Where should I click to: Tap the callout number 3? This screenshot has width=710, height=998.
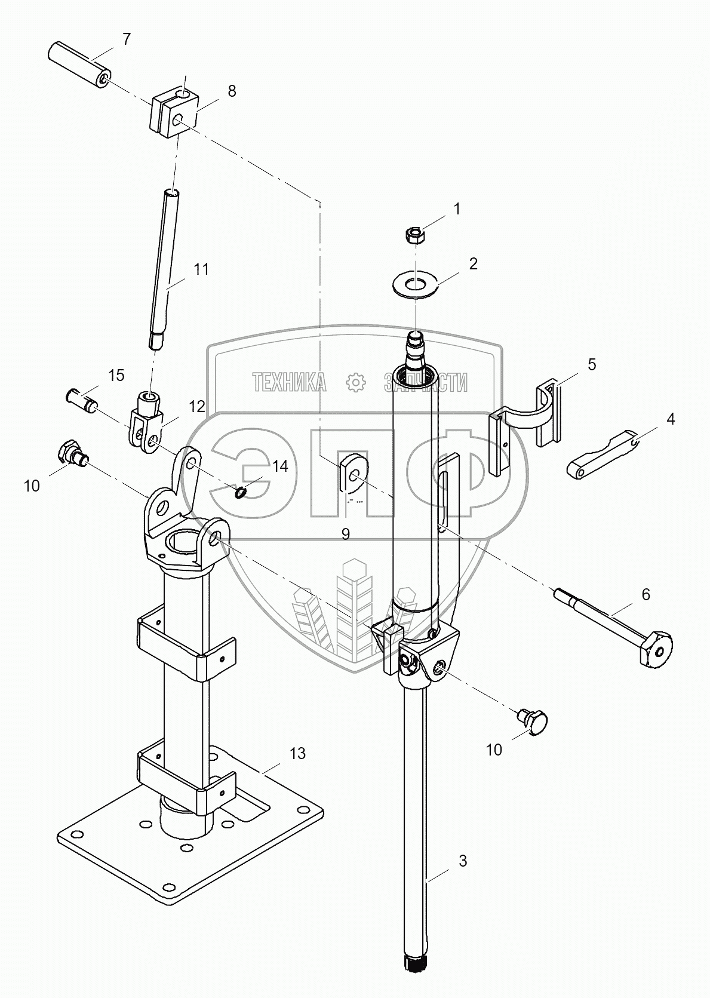(x=462, y=861)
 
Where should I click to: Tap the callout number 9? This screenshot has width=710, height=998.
(x=346, y=533)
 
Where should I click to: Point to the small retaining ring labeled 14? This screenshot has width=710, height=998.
(x=241, y=492)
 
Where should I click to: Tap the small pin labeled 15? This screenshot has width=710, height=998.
(x=81, y=398)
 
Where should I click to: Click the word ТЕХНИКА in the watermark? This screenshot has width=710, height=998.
(x=290, y=382)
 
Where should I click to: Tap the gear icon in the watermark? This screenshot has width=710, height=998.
(x=356, y=382)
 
